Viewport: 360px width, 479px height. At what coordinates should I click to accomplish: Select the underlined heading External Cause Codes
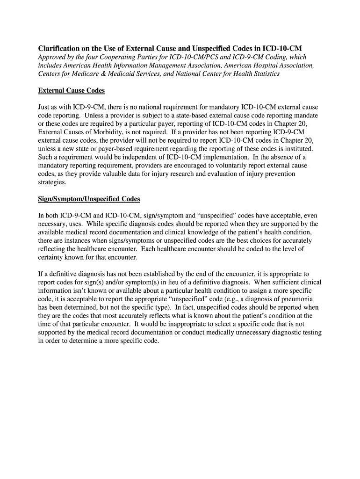click(71, 90)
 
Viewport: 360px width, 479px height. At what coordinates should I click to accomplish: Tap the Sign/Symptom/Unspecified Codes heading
click(89, 199)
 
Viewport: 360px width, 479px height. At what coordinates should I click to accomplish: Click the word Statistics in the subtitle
click(263, 74)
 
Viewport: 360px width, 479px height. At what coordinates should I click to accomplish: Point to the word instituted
click(297, 149)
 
